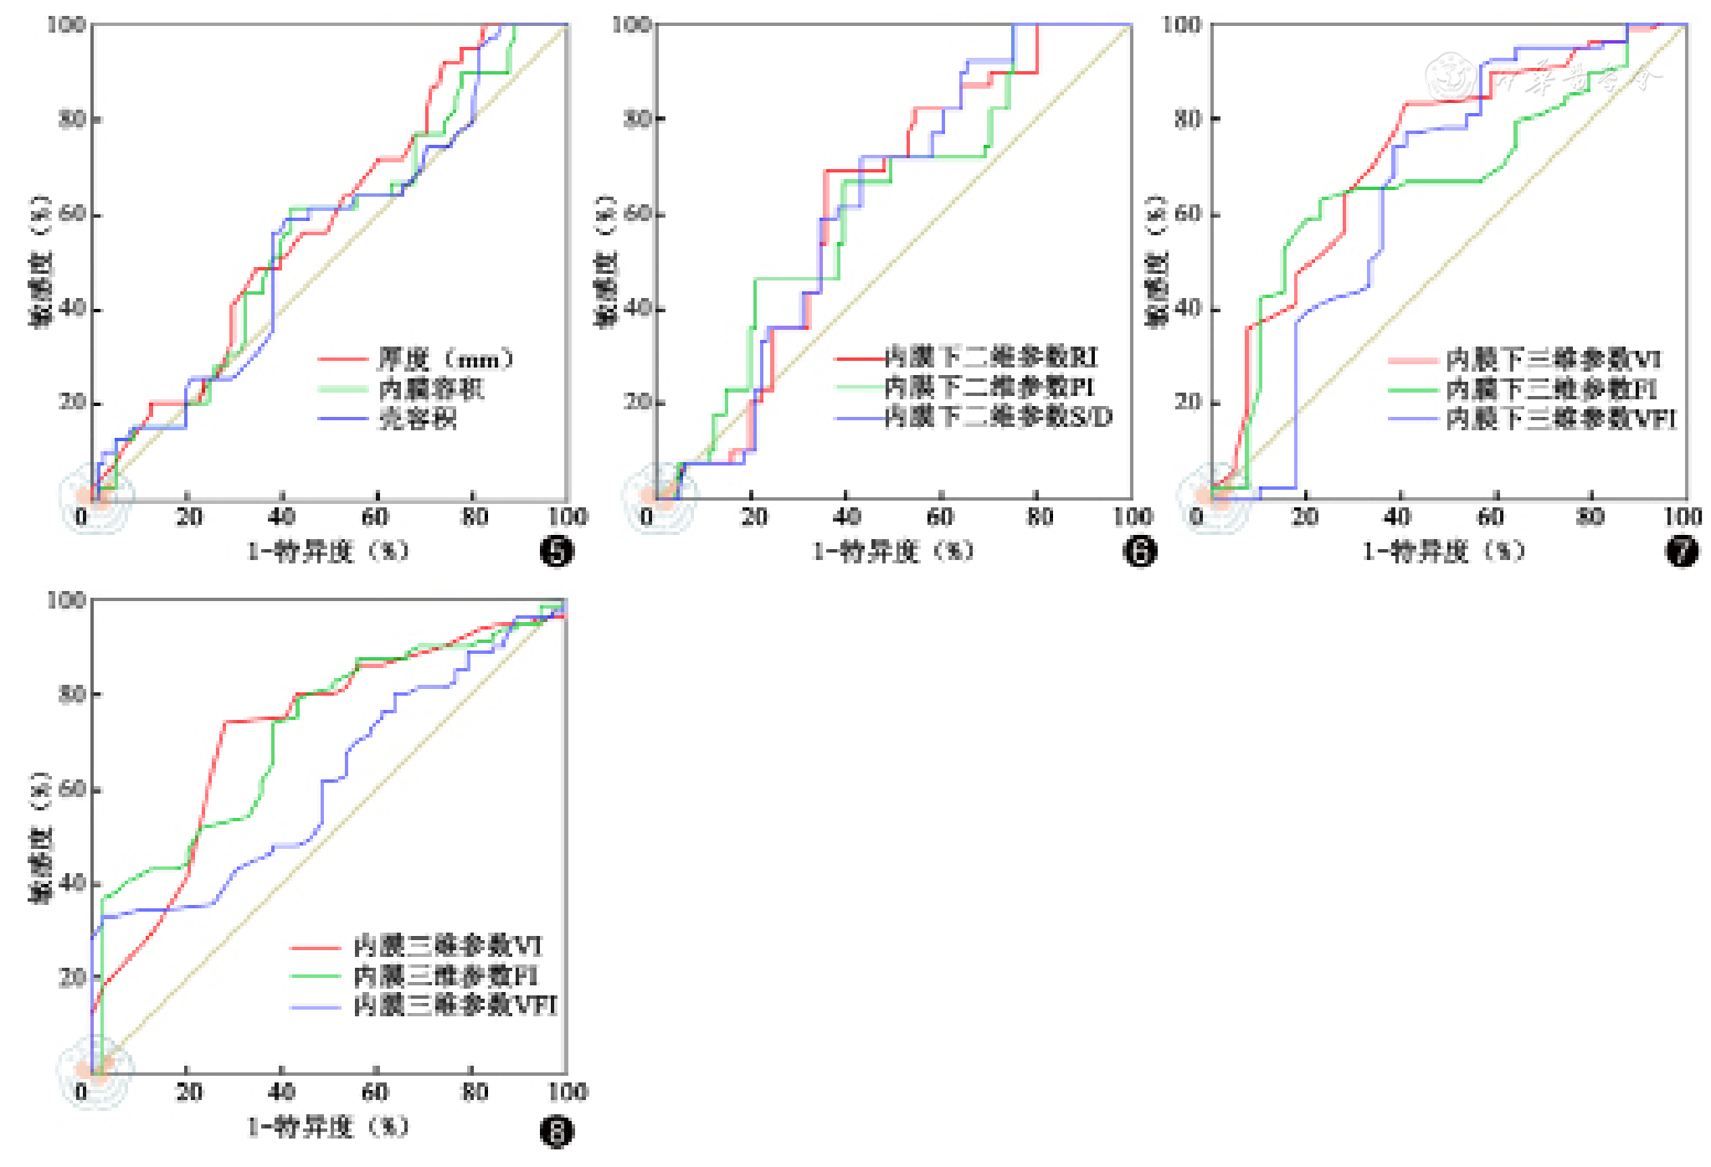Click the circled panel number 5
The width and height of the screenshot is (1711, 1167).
pyautogui.click(x=557, y=551)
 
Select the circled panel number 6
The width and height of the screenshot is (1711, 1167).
pyautogui.click(x=1139, y=551)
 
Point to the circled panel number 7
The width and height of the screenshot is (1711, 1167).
pyautogui.click(x=1682, y=551)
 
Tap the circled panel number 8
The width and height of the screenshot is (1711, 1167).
pyautogui.click(x=557, y=1132)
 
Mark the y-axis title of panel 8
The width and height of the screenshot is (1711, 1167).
pyautogui.click(x=40, y=837)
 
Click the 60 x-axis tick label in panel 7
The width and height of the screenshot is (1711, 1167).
pyautogui.click(x=1490, y=517)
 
